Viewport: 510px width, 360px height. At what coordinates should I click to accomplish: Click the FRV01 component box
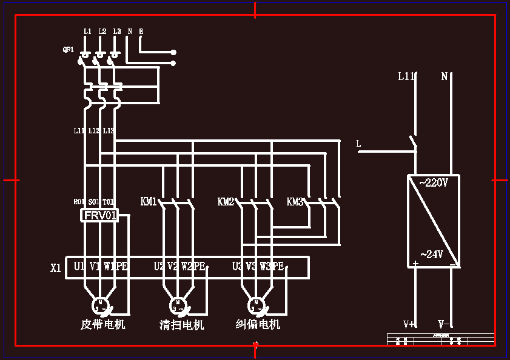click(99, 215)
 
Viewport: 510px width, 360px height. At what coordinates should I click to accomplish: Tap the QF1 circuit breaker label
click(69, 50)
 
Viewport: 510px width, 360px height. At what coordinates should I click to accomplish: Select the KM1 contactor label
click(149, 201)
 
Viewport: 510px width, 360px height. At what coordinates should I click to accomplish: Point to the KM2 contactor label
click(226, 201)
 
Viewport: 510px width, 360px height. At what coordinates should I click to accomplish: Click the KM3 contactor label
click(295, 201)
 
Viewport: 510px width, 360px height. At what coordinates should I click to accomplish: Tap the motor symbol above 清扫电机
click(178, 304)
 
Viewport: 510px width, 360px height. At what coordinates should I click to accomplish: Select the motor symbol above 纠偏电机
click(256, 304)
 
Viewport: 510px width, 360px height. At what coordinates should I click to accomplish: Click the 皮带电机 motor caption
click(103, 324)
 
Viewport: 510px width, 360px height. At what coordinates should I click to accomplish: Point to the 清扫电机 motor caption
click(181, 325)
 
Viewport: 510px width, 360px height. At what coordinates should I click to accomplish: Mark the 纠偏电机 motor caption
click(258, 324)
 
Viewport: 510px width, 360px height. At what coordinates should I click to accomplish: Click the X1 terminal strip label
click(56, 267)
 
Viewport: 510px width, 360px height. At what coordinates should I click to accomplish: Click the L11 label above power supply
click(406, 76)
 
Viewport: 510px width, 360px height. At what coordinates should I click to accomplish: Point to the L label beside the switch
click(358, 144)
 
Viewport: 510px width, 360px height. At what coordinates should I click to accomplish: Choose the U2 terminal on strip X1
click(159, 266)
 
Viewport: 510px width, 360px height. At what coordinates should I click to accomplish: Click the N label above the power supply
click(444, 76)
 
